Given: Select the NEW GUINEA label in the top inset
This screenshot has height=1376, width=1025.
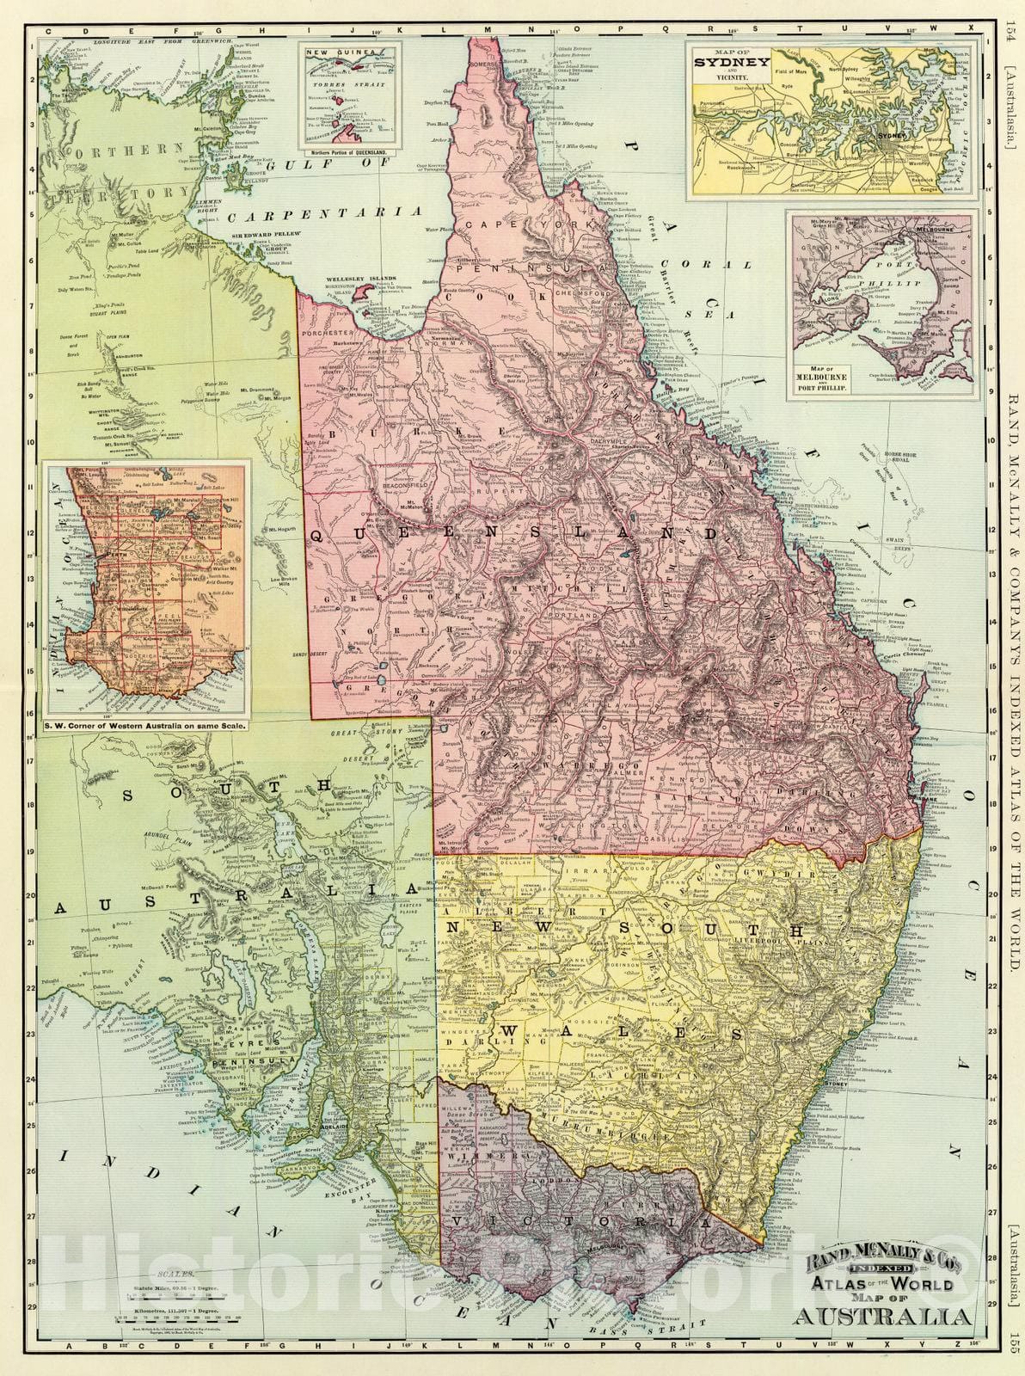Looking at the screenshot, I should pos(330,52).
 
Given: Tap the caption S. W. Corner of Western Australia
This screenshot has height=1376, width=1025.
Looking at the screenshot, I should pos(146,725).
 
